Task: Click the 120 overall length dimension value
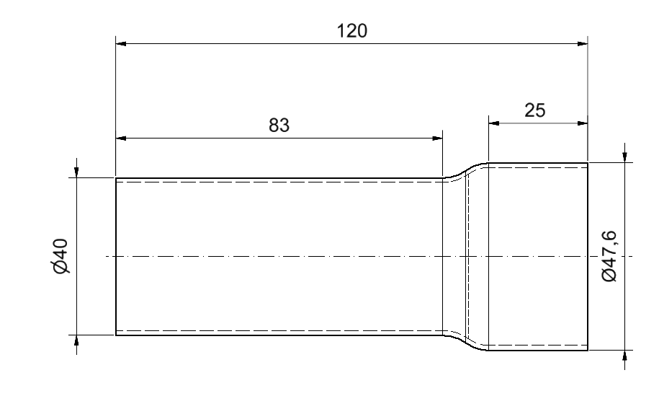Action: (x=351, y=31)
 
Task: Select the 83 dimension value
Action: (x=279, y=126)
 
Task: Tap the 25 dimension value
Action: (x=535, y=110)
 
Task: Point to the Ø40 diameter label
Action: (x=61, y=256)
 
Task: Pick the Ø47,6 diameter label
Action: (x=609, y=256)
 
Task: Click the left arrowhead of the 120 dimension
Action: (x=121, y=43)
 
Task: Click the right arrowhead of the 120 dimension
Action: (x=583, y=43)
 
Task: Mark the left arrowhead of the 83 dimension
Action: (x=121, y=138)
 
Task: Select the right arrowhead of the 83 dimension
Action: (x=437, y=138)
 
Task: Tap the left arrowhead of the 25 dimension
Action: (x=493, y=123)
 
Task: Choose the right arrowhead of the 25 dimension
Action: (x=583, y=123)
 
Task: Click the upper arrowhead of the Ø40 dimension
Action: (x=76, y=172)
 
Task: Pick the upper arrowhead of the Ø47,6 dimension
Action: (x=625, y=157)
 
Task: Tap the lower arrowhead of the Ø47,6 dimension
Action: (x=625, y=356)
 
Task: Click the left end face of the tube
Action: (x=116, y=256)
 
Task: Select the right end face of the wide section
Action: (x=588, y=256)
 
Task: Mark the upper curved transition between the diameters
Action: (x=465, y=170)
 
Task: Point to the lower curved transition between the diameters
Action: (x=465, y=343)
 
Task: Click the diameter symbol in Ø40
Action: (x=61, y=267)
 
